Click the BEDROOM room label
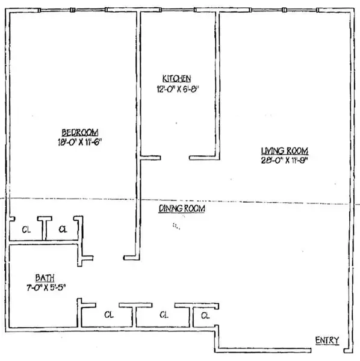(x=79, y=132)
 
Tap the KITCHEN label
(x=176, y=78)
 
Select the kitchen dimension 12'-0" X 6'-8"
(x=177, y=88)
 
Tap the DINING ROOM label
(x=182, y=208)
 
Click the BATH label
(x=45, y=277)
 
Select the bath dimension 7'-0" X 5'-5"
(x=46, y=288)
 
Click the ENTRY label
(x=327, y=341)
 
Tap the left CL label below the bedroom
(x=26, y=229)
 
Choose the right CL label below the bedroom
(x=63, y=229)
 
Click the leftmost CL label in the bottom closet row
(x=109, y=314)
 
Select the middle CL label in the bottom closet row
(x=164, y=314)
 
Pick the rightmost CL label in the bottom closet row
(x=205, y=315)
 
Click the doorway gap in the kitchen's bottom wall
(x=175, y=158)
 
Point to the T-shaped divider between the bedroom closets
(x=45, y=226)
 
